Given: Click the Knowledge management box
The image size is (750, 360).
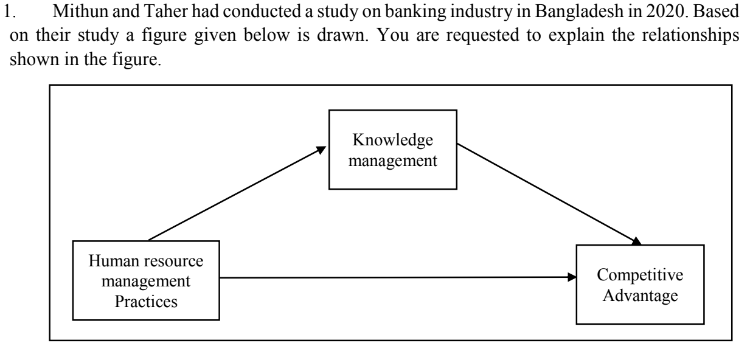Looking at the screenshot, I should click(x=392, y=150).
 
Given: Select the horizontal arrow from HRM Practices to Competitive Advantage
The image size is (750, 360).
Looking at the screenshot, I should click(x=395, y=277).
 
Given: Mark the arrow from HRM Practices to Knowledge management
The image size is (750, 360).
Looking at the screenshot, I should click(x=237, y=193).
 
